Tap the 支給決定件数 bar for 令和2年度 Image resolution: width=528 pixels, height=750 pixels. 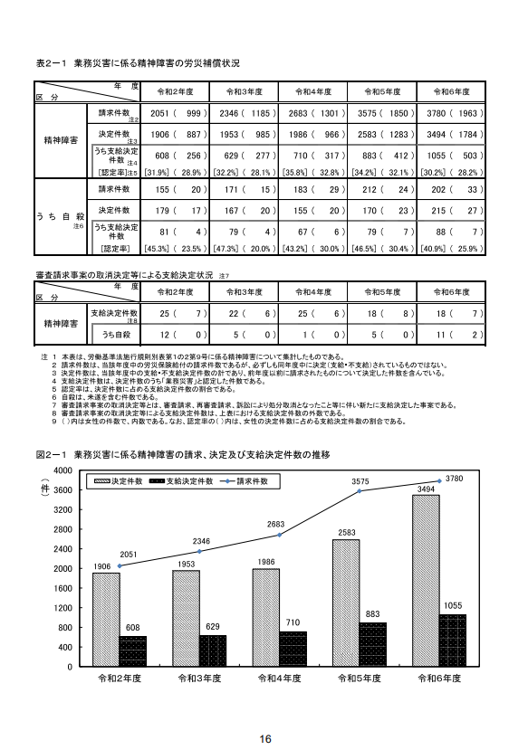[132, 651]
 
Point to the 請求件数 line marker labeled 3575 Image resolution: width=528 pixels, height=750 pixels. [359, 491]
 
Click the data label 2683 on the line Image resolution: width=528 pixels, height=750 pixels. [279, 525]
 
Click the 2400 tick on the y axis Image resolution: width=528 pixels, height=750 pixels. [63, 549]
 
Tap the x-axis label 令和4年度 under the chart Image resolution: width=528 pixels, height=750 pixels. [279, 679]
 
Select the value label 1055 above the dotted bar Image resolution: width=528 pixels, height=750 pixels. [454, 604]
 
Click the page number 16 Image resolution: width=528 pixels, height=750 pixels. [264, 738]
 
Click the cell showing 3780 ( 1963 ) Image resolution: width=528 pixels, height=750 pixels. [453, 114]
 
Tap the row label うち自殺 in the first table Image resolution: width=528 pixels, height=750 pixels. [60, 218]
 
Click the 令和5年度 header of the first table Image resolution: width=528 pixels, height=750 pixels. [383, 92]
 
